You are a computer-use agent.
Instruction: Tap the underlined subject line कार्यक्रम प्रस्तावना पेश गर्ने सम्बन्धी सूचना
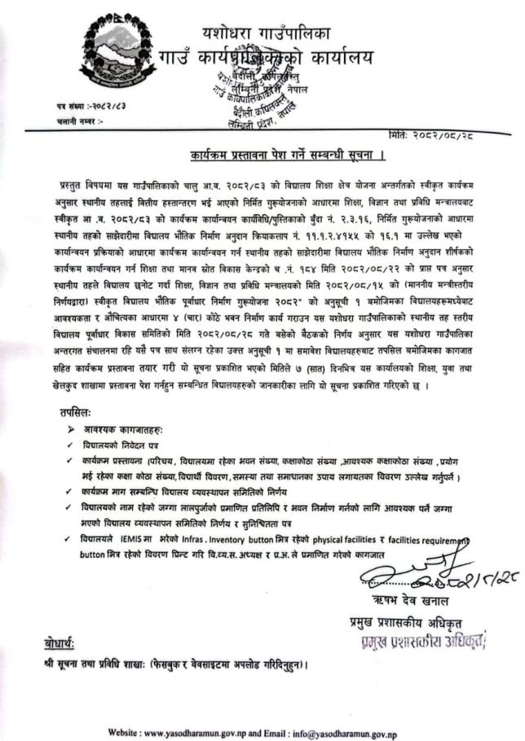[267, 154]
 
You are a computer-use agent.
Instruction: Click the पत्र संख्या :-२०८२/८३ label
[91, 106]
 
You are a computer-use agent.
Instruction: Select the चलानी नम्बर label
[79, 121]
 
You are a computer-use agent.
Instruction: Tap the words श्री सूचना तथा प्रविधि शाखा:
[95, 664]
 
